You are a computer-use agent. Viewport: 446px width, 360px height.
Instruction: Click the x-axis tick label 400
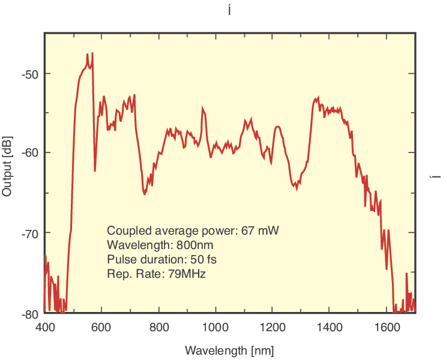[x=45, y=328]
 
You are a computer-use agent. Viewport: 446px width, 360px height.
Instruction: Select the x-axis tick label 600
[x=102, y=328]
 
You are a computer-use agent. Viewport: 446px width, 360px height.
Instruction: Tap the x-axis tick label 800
[x=159, y=328]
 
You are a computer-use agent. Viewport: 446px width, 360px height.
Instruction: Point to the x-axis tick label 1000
[x=215, y=328]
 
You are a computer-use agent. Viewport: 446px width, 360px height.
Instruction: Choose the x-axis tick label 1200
[x=273, y=328]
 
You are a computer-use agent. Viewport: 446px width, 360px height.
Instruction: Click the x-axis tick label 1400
[x=330, y=328]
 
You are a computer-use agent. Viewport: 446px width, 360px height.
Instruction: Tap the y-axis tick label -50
[x=30, y=74]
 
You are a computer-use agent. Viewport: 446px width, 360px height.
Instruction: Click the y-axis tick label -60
[x=30, y=153]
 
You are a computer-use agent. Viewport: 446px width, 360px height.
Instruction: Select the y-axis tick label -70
[x=30, y=233]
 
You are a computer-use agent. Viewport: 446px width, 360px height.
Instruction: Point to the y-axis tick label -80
[x=30, y=313]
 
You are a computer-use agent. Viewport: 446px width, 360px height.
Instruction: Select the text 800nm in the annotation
[x=195, y=245]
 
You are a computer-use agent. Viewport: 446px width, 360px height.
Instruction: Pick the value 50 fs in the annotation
[x=203, y=260]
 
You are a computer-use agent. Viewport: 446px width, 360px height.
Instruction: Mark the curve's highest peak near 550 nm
[x=88, y=54]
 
